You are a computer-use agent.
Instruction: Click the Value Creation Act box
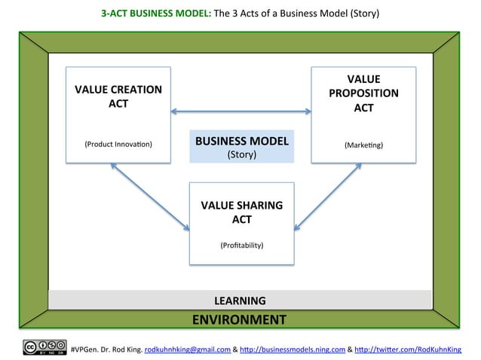coord(118,114)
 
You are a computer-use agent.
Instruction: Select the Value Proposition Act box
coord(363,114)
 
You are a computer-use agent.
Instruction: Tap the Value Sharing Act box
coord(241,223)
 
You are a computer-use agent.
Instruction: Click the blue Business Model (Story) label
coord(241,147)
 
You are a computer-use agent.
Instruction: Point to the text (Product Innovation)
coord(118,143)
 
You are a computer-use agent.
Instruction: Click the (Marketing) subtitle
coord(363,143)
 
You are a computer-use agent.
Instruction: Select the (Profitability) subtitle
coord(241,246)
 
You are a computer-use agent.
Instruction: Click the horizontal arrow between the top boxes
coord(241,113)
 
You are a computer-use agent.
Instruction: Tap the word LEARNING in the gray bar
coord(240,301)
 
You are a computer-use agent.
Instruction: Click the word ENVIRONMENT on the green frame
coord(239,319)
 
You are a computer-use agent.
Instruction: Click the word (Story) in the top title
coord(363,14)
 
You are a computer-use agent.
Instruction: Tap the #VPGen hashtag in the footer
coord(83,349)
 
